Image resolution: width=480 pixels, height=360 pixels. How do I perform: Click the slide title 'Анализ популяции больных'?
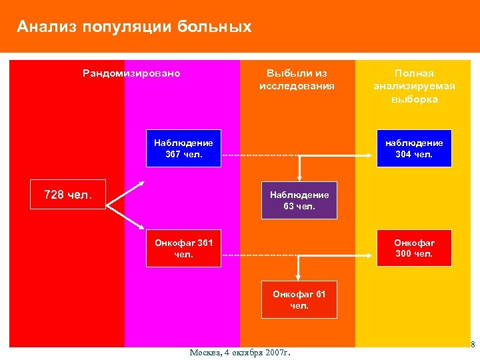click(x=134, y=27)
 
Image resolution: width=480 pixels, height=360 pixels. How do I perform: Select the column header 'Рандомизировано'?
click(x=131, y=73)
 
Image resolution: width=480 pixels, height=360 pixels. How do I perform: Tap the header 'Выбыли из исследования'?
click(x=297, y=79)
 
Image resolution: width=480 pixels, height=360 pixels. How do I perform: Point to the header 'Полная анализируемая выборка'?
click(x=414, y=86)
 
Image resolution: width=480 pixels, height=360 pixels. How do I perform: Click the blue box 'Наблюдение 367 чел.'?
click(x=183, y=148)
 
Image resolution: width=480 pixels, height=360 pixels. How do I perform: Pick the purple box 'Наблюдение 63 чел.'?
click(x=299, y=201)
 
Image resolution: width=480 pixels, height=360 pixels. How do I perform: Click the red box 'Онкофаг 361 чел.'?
click(x=183, y=248)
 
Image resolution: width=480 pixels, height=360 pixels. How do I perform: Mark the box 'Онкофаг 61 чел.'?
click(x=299, y=300)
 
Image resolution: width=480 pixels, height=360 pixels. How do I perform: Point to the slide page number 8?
click(x=473, y=345)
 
